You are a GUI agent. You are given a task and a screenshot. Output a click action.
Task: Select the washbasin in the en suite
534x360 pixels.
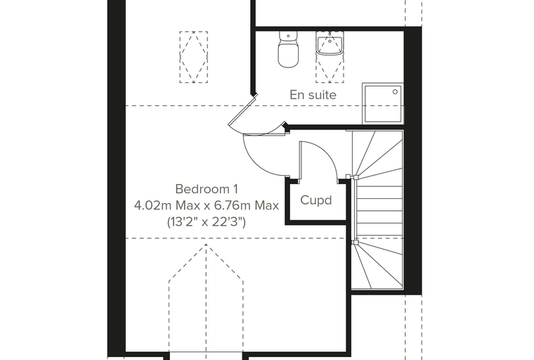coord(330,44)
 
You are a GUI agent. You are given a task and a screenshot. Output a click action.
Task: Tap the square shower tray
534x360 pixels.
coord(383,103)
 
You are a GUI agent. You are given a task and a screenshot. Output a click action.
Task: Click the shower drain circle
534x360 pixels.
coord(395,91)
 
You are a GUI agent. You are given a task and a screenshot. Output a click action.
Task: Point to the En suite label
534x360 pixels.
coord(313,95)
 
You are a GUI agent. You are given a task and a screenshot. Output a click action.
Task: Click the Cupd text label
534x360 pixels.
coord(316,200)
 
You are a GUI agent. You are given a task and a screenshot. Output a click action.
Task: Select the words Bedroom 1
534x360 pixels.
coord(207,188)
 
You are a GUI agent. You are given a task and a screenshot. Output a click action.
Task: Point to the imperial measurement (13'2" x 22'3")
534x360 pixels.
coord(207,222)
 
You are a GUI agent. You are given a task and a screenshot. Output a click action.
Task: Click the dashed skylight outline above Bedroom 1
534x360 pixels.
coord(194,57)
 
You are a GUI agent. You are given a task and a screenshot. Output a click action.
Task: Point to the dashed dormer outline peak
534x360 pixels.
coord(206,245)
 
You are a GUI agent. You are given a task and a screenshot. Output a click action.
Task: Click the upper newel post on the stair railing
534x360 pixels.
coord(356,177)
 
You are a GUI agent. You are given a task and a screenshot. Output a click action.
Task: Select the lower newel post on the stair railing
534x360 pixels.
coord(356,243)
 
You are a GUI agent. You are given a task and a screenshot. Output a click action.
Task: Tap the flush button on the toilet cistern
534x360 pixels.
coord(289,36)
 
